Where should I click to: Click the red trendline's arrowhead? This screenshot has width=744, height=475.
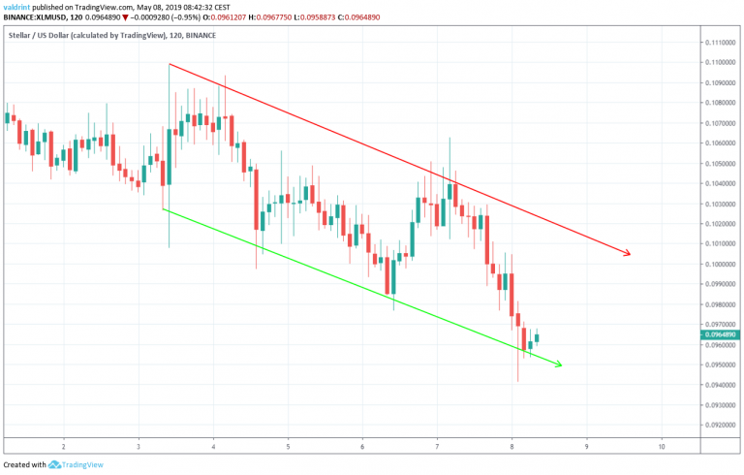coord(628,254)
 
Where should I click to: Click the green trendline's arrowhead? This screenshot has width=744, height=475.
coord(558,364)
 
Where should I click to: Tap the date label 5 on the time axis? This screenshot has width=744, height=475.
coord(288,446)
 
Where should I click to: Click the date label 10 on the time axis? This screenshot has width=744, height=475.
coord(661,446)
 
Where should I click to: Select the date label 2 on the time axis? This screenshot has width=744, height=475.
coord(63,446)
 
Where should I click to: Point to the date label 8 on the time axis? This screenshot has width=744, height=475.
coord(512,446)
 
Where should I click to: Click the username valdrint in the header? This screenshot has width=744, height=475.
coord(19,7)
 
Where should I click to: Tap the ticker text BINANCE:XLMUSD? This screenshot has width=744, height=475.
coord(36,16)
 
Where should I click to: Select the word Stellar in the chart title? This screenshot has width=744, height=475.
coord(19,37)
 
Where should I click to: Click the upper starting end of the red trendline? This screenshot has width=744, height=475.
coord(170,65)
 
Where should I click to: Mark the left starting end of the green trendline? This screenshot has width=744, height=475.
coord(163,209)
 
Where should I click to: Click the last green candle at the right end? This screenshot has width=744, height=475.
coord(537,338)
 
